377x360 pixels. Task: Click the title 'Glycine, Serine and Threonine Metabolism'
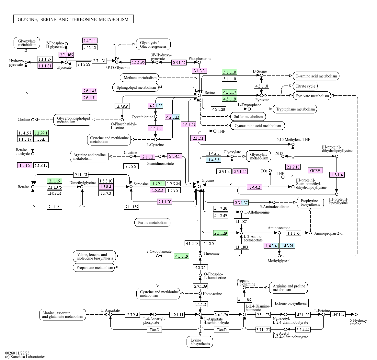(73, 19)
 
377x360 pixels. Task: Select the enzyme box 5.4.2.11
(90, 41)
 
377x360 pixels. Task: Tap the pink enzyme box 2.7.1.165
(66, 55)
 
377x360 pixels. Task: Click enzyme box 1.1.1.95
(138, 62)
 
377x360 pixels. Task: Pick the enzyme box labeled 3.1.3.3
(200, 71)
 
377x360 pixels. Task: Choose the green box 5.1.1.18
(230, 72)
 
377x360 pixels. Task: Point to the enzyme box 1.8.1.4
(337, 175)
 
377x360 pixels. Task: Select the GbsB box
(41, 139)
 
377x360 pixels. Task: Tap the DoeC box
(154, 330)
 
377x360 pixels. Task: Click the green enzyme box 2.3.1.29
(221, 233)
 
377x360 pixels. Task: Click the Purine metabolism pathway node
(152, 223)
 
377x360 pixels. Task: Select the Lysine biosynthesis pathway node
(200, 342)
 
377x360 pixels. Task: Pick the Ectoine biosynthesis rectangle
(290, 303)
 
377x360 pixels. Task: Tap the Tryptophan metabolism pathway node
(295, 109)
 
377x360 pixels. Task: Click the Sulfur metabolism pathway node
(248, 117)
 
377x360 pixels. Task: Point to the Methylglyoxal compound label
(279, 261)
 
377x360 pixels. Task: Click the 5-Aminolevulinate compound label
(274, 207)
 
